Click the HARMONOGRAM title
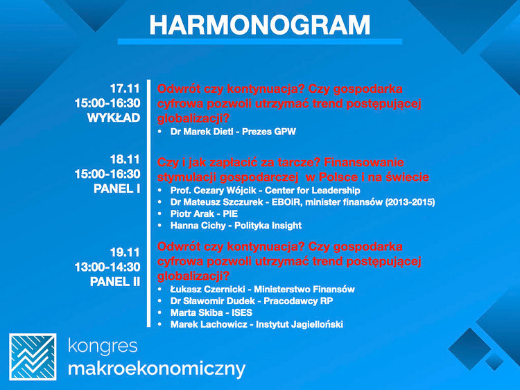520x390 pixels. [260, 25]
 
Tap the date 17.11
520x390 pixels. [125, 89]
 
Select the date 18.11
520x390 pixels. [125, 160]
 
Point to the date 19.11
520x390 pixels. [125, 253]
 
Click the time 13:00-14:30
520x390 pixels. [107, 267]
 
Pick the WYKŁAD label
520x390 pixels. [114, 118]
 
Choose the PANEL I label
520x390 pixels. [117, 189]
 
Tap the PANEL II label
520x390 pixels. [115, 282]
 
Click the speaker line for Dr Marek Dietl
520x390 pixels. [233, 132]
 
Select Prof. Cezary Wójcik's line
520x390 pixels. [265, 190]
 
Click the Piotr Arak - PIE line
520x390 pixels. [204, 214]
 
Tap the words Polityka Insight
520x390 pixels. [268, 226]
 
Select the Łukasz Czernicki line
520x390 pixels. [262, 290]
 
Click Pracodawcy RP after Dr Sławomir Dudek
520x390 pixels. [298, 301]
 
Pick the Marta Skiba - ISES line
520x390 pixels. [211, 313]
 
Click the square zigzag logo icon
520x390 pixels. [33, 357]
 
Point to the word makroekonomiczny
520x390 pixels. [157, 369]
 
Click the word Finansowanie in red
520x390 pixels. [364, 162]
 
